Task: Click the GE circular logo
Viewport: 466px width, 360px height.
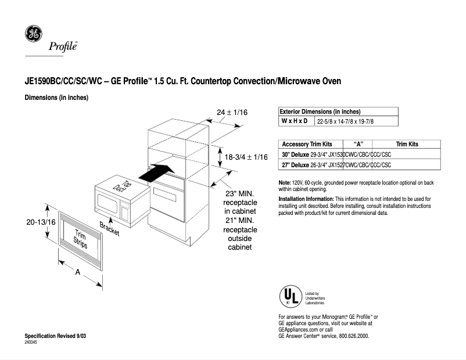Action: pyautogui.click(x=33, y=34)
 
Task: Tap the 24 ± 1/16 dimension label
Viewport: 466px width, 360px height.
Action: pyautogui.click(x=232, y=112)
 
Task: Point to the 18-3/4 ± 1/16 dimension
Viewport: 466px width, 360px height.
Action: pyautogui.click(x=246, y=157)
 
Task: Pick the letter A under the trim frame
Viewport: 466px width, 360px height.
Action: pyautogui.click(x=77, y=272)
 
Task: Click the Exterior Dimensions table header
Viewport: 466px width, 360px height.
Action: pyautogui.click(x=320, y=111)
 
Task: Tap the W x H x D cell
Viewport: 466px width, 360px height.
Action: pyautogui.click(x=295, y=121)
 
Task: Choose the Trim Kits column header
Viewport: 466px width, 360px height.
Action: pyautogui.click(x=407, y=144)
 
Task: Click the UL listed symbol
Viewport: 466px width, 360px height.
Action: pyautogui.click(x=291, y=296)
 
